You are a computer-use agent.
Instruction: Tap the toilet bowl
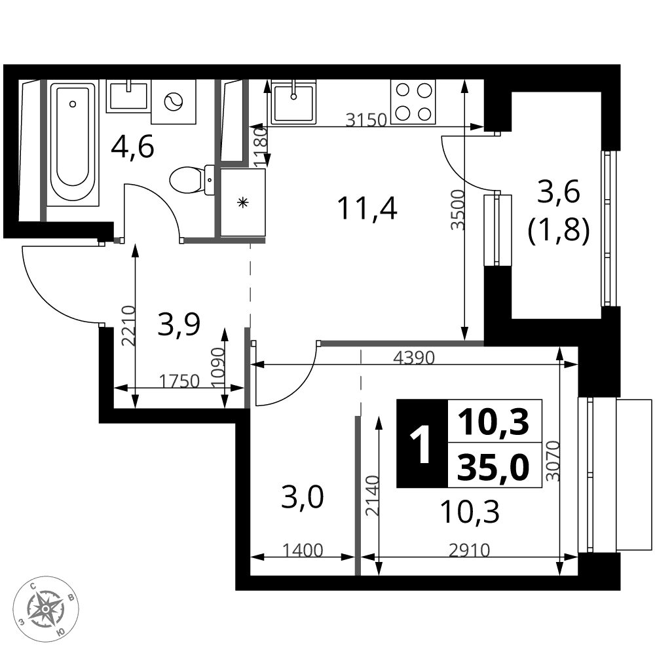point(193,180)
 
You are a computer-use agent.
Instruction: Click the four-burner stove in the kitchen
point(413,102)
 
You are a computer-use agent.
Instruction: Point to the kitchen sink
point(293,102)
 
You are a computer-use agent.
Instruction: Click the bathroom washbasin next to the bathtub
point(128,96)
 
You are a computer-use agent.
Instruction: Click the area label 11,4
point(367,208)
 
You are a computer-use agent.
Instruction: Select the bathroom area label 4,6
point(132,147)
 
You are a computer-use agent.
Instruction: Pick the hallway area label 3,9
point(179,326)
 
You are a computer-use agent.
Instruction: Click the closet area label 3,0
point(303,498)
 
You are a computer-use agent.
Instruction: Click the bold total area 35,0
point(493,468)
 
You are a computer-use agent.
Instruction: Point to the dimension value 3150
point(367,120)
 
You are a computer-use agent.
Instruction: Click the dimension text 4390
point(415,358)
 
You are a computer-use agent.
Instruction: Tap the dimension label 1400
point(303,551)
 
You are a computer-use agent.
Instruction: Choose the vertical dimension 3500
point(458,210)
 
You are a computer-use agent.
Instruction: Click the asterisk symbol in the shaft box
point(242,203)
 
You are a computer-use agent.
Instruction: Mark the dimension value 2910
point(469,551)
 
